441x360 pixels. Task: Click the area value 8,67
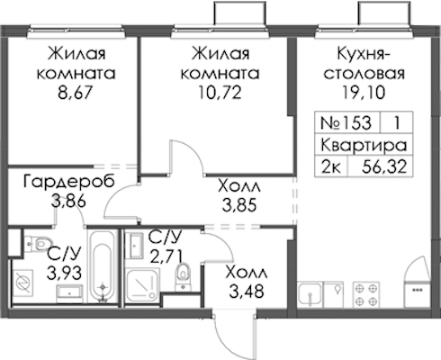(x=74, y=93)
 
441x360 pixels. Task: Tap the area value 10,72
(x=220, y=93)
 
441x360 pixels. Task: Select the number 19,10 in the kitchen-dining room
(x=364, y=93)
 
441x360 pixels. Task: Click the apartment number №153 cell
(x=346, y=122)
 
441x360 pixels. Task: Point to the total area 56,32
(x=384, y=166)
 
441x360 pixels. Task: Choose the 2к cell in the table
(x=331, y=166)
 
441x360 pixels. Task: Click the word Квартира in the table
(x=364, y=145)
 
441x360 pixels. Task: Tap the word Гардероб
(x=69, y=182)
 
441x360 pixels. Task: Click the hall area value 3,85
(x=239, y=206)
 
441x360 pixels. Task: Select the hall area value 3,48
(x=247, y=291)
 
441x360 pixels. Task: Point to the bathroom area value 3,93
(x=64, y=273)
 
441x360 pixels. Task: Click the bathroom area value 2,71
(x=166, y=256)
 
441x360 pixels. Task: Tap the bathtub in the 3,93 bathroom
(x=103, y=265)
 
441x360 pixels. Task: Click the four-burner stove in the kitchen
(x=365, y=294)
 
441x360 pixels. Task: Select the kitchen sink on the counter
(x=310, y=294)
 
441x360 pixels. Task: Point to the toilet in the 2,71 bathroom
(x=182, y=276)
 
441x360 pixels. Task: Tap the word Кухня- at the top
(x=364, y=55)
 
